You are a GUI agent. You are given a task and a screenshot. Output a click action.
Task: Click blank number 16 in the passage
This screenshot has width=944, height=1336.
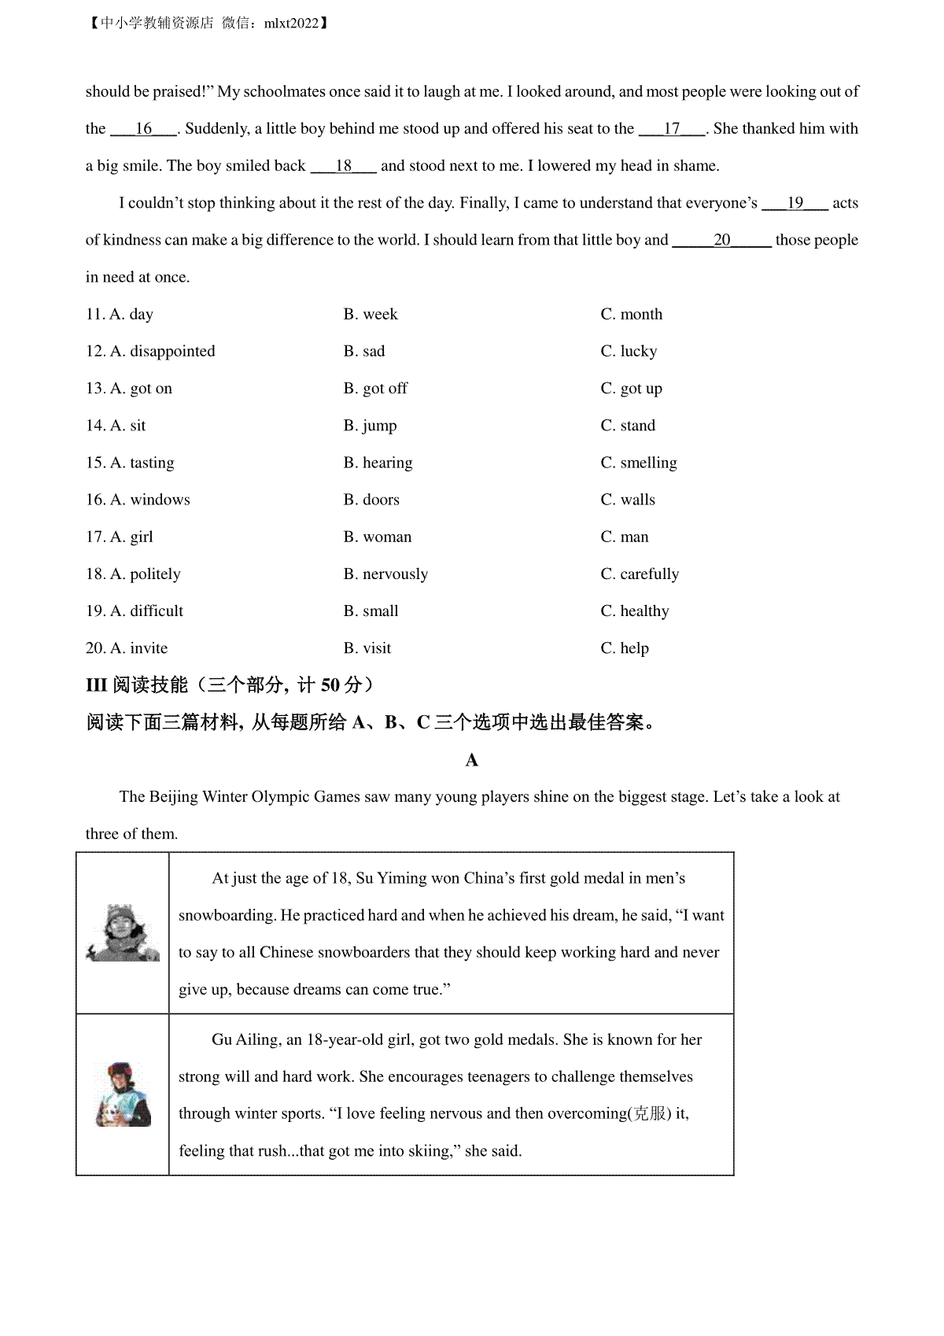coord(143,129)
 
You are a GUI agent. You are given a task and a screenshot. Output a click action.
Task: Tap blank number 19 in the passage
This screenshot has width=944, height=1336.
coord(795,203)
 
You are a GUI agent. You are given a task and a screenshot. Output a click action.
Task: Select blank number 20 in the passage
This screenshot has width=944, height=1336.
coord(721,240)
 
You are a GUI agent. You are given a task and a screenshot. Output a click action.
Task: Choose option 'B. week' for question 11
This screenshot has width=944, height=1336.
coord(371,315)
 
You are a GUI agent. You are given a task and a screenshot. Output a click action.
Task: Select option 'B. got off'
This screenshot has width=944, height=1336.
coord(375,389)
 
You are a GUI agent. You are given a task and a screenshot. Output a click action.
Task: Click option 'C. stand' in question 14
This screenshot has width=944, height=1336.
coord(628,426)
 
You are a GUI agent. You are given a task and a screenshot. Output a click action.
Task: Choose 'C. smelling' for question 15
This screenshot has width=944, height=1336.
coord(638,463)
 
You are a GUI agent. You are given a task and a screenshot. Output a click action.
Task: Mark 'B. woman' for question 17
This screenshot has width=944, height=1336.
coord(378,537)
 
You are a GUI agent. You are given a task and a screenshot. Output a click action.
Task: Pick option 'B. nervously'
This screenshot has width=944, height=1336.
coord(385,574)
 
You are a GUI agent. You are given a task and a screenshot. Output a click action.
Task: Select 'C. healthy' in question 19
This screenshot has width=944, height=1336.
coord(634,611)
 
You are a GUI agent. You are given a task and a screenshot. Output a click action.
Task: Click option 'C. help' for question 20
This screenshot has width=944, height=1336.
coord(625,648)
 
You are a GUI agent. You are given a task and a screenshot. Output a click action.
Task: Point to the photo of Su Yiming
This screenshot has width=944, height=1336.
coord(123,933)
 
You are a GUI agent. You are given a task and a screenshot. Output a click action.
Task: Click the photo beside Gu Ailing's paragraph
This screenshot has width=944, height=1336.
coord(123,1094)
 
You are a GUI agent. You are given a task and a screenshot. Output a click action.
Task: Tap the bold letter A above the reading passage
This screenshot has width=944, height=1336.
coord(472,760)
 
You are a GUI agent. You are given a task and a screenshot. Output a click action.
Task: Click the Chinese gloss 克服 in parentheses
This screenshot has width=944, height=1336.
coord(651,1114)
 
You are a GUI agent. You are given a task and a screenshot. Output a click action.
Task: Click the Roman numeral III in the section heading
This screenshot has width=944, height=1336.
coord(96,685)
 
